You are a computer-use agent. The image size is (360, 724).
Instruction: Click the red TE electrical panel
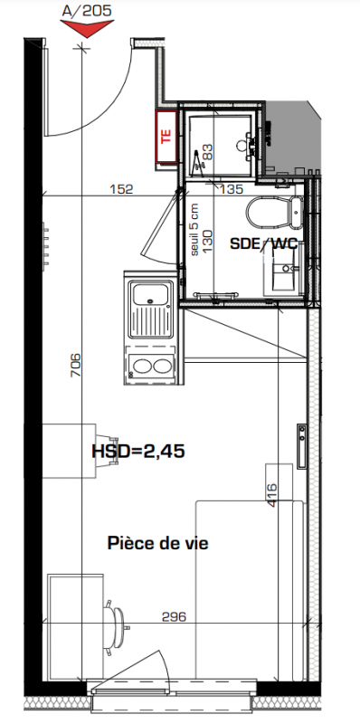click(166, 138)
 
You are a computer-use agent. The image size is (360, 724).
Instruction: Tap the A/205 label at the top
click(87, 11)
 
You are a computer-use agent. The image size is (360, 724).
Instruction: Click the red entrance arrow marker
click(86, 29)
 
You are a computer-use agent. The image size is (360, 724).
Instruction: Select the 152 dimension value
click(121, 189)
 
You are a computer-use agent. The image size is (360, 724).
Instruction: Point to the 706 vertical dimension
click(76, 365)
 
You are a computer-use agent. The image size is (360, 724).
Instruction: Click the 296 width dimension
click(174, 616)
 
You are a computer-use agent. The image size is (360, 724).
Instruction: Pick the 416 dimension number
click(272, 495)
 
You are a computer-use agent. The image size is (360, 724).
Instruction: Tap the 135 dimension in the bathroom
click(231, 189)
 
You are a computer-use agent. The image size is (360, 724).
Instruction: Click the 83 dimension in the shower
click(208, 152)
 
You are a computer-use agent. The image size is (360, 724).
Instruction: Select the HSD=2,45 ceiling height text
click(138, 451)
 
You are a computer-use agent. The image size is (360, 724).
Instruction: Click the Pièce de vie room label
click(158, 544)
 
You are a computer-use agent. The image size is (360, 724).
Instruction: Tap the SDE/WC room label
click(263, 243)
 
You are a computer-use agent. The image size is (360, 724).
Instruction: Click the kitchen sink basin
click(150, 292)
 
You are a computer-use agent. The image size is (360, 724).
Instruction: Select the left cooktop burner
click(139, 367)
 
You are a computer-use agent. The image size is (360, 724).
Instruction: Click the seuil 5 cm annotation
click(194, 230)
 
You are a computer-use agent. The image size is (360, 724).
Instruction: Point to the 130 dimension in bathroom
click(208, 240)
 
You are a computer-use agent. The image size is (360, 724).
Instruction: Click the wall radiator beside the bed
click(301, 446)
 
